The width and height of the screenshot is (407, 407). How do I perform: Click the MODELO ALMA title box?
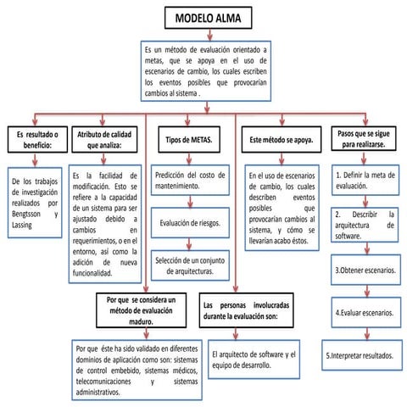pos(205,18)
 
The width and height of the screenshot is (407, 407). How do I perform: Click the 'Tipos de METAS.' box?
pos(188,138)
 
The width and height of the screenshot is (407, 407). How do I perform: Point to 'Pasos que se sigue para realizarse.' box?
pos(364,139)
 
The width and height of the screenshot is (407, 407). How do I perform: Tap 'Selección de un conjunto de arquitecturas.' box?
pos(190,266)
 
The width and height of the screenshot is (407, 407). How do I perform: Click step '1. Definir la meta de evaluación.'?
pos(362,179)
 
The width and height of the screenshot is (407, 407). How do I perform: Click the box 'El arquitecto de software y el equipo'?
pos(253,358)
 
